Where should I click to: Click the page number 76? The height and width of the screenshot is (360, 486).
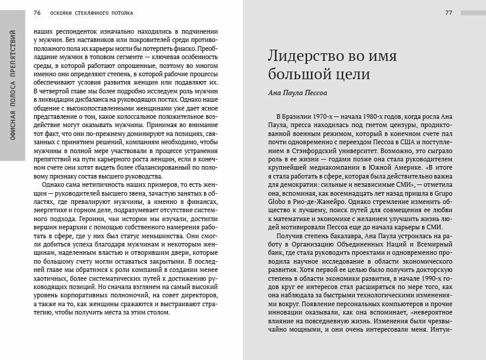click(37, 12)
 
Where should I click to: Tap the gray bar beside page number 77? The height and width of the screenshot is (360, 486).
click(472, 12)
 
